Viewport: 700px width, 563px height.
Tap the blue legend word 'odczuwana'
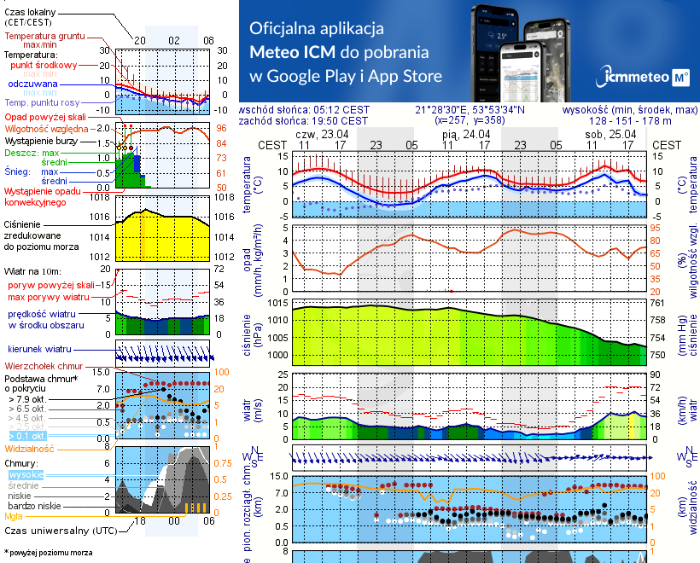pos(32,84)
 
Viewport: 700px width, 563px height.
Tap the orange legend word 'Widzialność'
pos(30,447)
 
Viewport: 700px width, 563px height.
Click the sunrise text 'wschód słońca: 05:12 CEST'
pos(305,110)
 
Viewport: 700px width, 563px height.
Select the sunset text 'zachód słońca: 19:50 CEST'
pos(305,121)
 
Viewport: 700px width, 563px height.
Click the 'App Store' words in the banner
pos(405,76)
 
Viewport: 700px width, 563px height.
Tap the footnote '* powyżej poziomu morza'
pos(48,553)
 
